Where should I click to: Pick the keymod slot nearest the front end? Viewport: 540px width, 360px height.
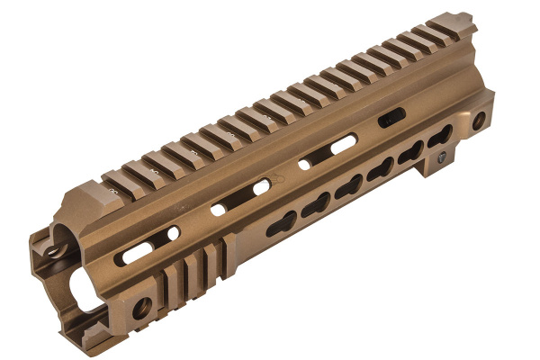pyautogui.click(x=279, y=226)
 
